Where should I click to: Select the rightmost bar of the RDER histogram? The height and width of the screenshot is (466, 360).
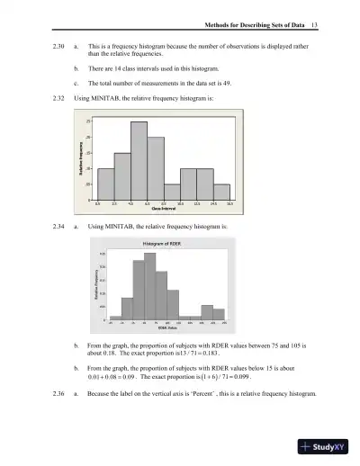pyautogui.click(x=218, y=314)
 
